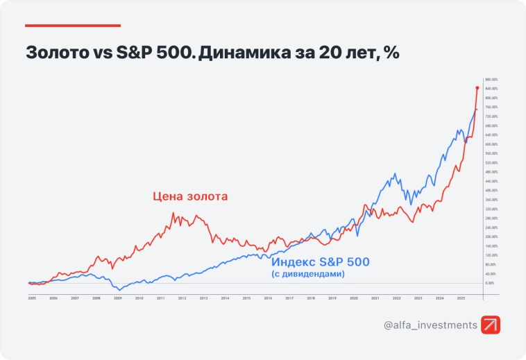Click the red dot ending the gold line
pos(477,88)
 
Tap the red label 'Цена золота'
pos(190,196)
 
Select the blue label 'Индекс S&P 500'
pos(320,262)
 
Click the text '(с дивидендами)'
pos(308,275)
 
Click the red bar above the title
pos(73,26)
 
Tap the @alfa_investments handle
pos(430,325)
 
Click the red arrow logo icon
pos(491,325)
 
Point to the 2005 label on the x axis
pos(32,298)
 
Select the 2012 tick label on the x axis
pos(182,298)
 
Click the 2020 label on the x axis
pos(353,298)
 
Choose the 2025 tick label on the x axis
pos(461,298)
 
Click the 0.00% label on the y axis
pos(491,283)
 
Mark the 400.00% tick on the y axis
pos(491,190)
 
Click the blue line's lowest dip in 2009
pos(119,289)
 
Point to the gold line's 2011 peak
pos(173,213)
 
